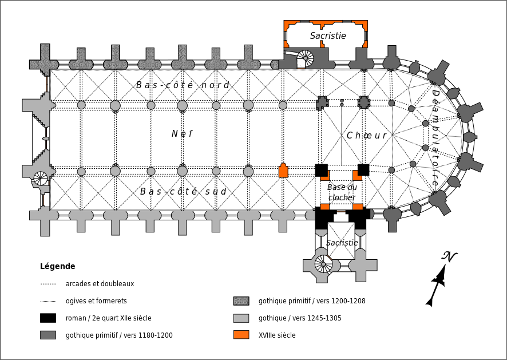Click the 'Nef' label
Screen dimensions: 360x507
tap(182, 134)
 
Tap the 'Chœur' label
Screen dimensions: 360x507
tap(367, 136)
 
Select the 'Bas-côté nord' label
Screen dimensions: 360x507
tap(183, 85)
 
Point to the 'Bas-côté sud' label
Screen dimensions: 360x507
tap(183, 192)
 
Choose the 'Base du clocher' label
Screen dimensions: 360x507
tap(342, 192)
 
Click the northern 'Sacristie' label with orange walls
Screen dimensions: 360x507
tap(328, 35)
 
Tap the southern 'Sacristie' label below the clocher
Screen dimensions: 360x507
tap(342, 243)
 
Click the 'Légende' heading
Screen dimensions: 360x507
tap(58, 266)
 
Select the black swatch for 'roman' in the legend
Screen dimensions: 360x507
tap(48, 318)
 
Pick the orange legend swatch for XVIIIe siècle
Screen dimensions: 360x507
tap(241, 335)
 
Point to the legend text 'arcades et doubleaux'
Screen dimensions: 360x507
tap(100, 284)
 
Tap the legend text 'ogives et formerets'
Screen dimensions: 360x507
tap(96, 301)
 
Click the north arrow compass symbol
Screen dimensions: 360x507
tap(439, 279)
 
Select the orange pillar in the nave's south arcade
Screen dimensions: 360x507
tap(283, 171)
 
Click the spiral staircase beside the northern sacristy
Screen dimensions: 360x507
tap(305, 58)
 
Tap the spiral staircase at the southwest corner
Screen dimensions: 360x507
tap(41, 178)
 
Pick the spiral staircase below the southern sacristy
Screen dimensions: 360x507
tap(324, 264)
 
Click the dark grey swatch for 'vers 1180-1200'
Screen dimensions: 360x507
tap(48, 335)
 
